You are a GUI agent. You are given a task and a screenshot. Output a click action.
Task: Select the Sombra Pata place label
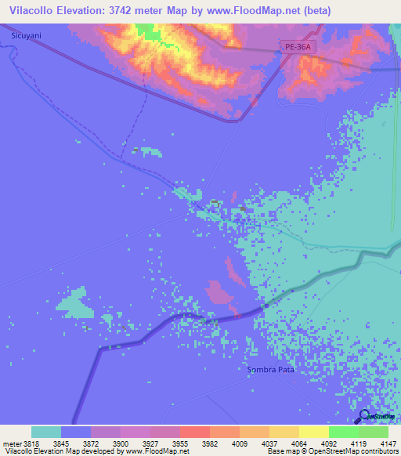coord(270,369)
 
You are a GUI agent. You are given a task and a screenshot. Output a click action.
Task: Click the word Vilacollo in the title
coord(31,11)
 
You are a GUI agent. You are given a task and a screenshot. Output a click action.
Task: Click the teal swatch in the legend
coord(46,432)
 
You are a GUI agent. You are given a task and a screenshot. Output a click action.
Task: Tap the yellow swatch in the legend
coord(313,432)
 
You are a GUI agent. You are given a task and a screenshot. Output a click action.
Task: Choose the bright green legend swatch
coord(343,432)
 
